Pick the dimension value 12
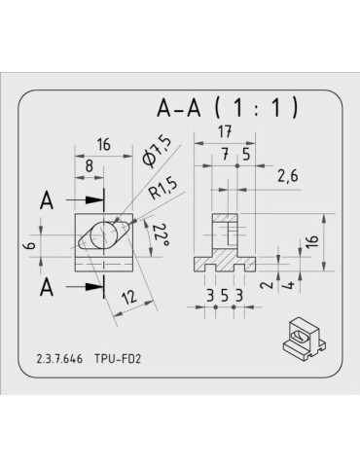[x=127, y=297]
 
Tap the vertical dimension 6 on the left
[x=30, y=246]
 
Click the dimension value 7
[x=225, y=153]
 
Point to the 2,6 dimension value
[x=287, y=176]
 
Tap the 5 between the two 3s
[x=224, y=295]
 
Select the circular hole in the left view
[x=102, y=235]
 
